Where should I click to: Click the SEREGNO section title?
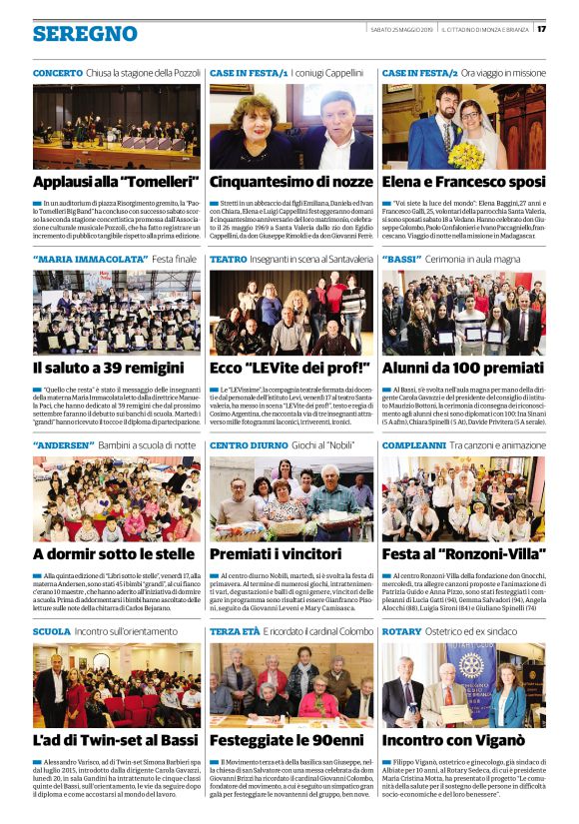pos(85,33)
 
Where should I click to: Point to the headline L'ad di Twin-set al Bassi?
pos(115,740)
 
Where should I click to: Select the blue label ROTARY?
pos(401,631)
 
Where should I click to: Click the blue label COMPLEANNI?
pos(413,444)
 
